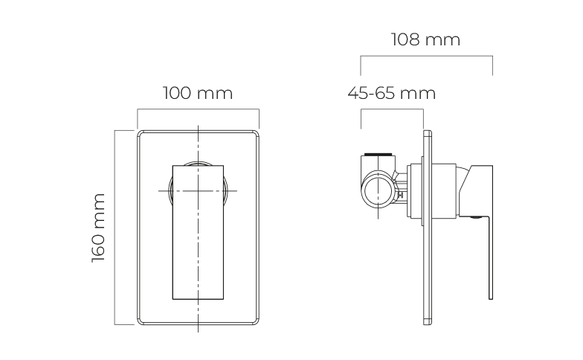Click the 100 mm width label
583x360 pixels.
(x=198, y=93)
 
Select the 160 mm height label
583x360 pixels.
(x=98, y=228)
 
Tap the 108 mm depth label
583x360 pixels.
(x=425, y=39)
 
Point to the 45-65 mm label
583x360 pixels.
(x=391, y=93)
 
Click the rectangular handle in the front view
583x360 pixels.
(x=198, y=232)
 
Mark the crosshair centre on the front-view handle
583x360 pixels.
(x=198, y=190)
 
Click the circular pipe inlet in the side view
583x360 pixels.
(x=378, y=191)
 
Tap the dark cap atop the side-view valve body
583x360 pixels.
(x=378, y=154)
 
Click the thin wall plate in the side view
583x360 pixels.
(x=428, y=228)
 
